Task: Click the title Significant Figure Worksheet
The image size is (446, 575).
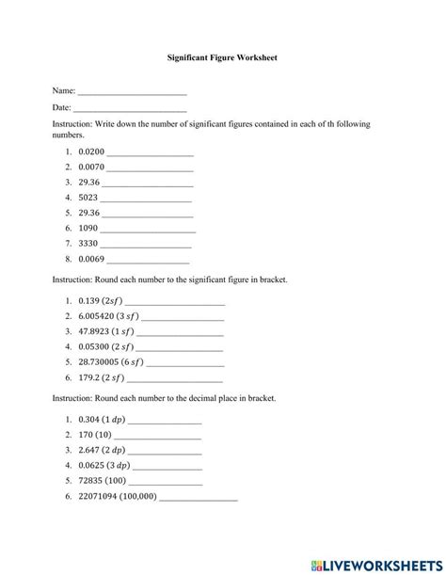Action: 222,57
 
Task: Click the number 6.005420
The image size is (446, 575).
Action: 99,316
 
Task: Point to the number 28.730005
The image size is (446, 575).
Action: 101,361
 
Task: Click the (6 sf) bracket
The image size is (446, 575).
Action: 133,361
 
